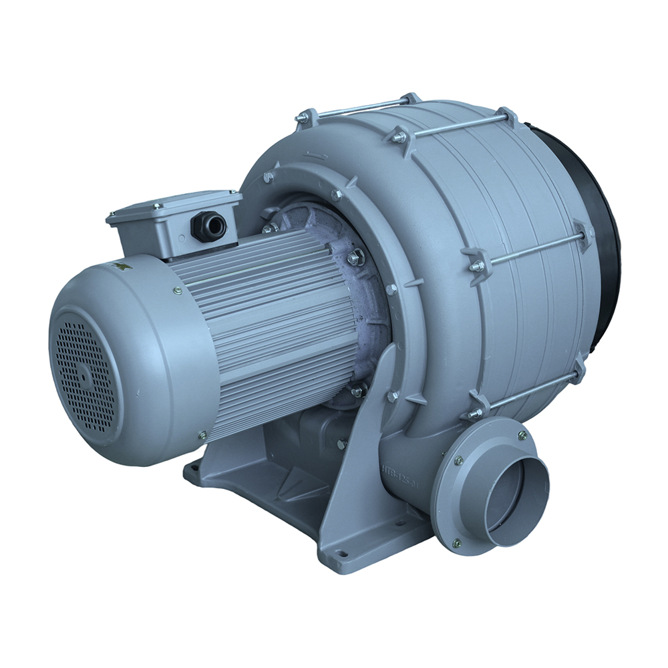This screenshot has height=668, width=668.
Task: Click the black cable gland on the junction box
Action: pos(208,226)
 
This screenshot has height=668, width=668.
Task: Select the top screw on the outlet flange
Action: pos(522,435)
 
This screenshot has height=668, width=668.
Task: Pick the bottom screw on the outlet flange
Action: pos(457,542)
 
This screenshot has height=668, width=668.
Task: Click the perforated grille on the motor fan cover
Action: pos(83,374)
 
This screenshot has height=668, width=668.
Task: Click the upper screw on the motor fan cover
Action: pos(177,291)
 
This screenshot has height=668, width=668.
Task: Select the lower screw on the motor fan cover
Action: pos(202,436)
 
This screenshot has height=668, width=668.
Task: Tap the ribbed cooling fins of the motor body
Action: pos(267,314)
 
